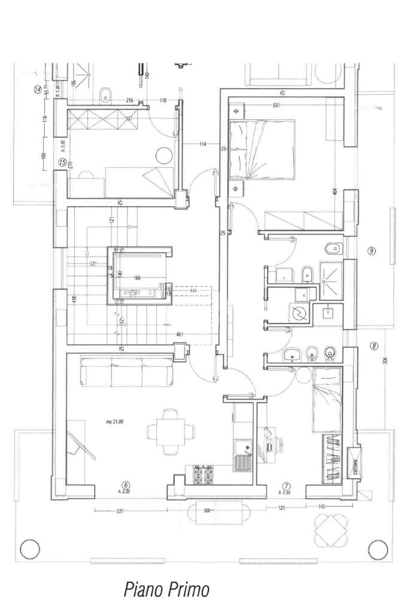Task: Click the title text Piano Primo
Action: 166,590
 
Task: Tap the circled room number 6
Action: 126,485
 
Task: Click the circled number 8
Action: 374,346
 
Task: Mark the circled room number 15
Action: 61,162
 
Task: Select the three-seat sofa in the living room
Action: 127,372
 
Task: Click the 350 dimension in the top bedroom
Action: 275,106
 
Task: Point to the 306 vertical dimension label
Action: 386,360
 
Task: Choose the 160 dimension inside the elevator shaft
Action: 137,278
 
